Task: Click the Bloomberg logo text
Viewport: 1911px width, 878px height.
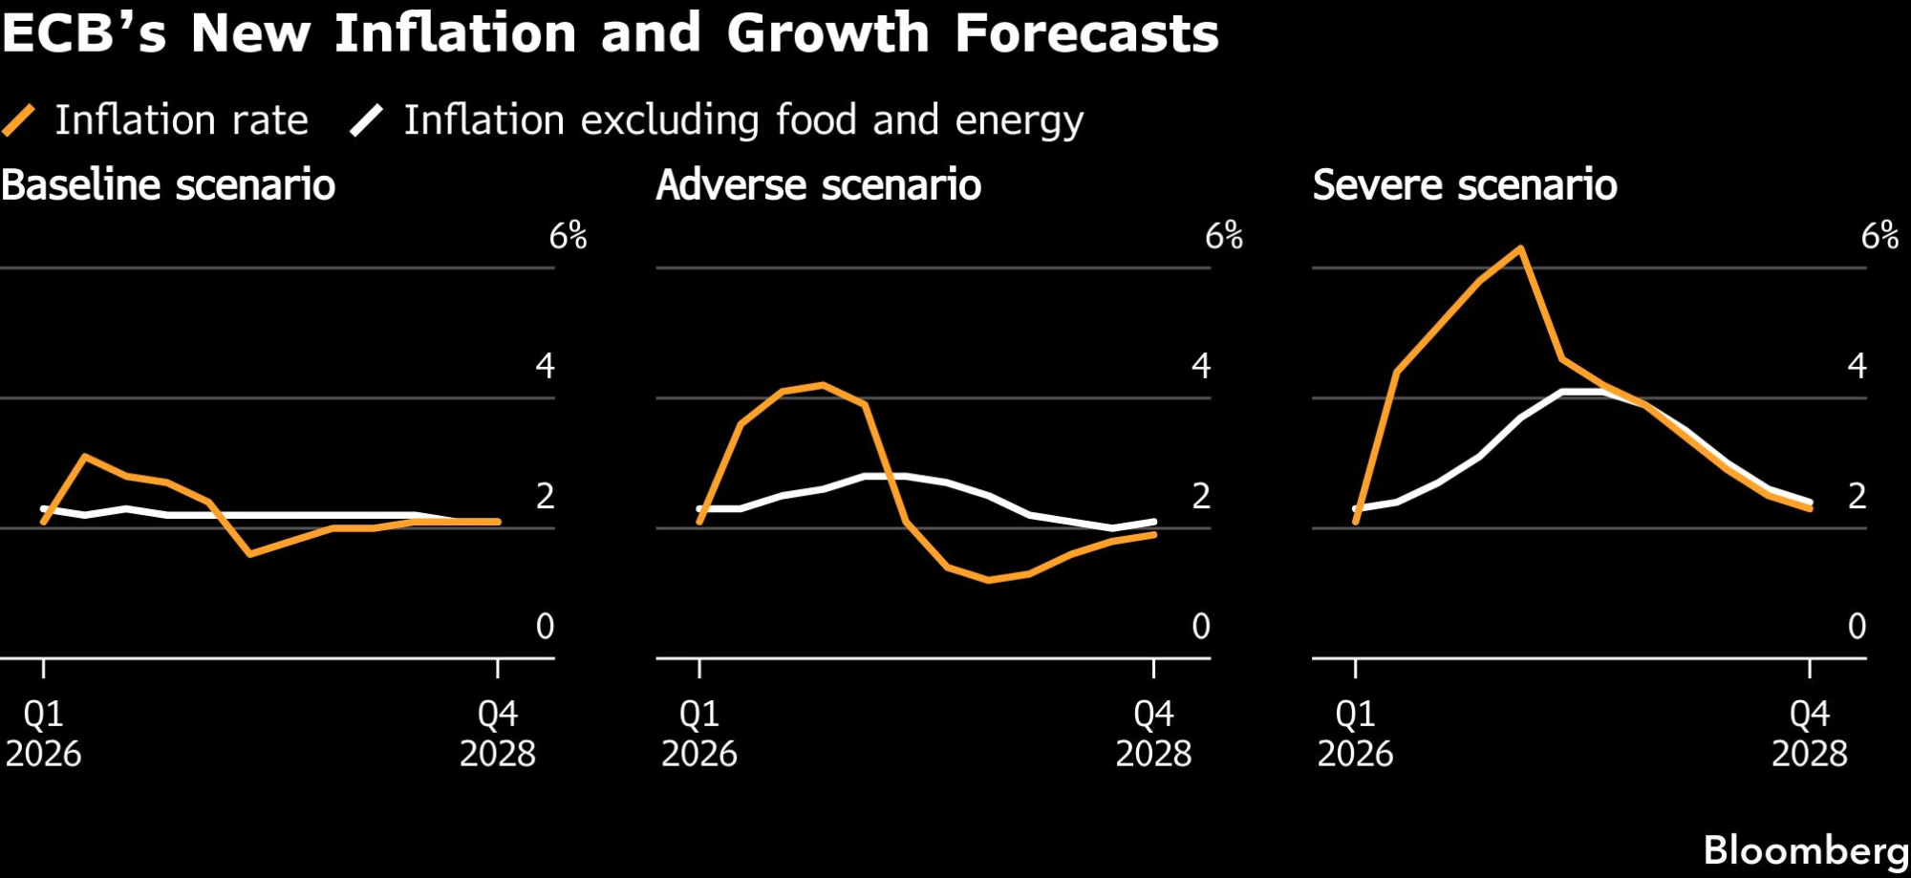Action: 1805,849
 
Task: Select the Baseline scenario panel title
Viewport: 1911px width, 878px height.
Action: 168,184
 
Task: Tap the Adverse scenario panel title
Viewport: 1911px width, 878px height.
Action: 819,184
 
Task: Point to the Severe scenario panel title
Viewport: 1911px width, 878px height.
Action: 1465,184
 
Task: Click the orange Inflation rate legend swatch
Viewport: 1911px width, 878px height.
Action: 19,120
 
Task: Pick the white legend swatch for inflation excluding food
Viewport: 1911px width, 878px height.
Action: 367,120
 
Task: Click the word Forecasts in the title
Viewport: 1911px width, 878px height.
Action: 1086,33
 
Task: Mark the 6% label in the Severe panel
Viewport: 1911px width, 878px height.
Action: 1879,235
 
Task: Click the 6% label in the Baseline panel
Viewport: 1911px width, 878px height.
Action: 568,235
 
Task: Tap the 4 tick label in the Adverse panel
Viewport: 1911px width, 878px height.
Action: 1201,365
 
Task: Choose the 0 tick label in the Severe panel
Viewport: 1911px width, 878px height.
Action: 1857,626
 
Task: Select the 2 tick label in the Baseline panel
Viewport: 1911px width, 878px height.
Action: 545,496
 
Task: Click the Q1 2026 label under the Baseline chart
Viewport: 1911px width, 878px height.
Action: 44,733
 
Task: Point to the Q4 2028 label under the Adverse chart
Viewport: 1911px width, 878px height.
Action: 1153,733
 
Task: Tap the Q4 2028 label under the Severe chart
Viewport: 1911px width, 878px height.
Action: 1809,733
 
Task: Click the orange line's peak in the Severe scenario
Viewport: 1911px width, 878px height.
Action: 1520,248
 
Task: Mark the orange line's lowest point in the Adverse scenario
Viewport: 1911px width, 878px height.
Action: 988,580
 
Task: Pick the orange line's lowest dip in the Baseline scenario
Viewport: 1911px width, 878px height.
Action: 249,554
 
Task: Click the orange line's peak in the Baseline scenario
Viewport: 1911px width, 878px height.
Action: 86,456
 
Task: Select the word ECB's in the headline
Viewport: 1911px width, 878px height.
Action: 84,33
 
